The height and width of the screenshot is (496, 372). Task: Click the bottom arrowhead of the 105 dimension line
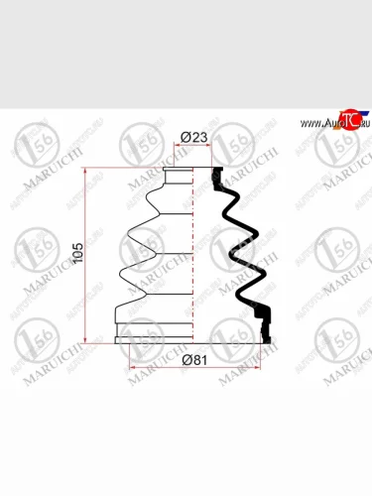click(88, 341)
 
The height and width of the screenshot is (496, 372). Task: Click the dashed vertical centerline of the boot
click(218, 258)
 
